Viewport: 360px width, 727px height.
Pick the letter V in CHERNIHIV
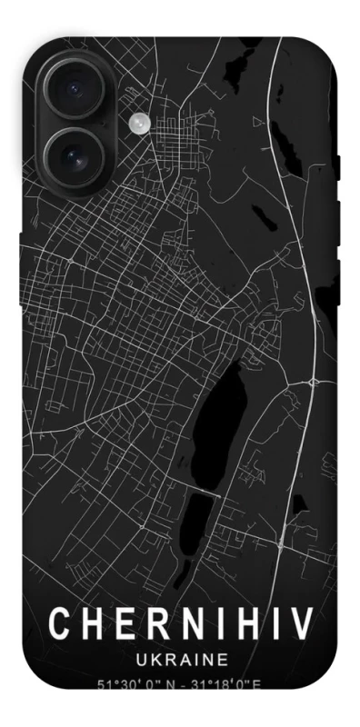[299, 624]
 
